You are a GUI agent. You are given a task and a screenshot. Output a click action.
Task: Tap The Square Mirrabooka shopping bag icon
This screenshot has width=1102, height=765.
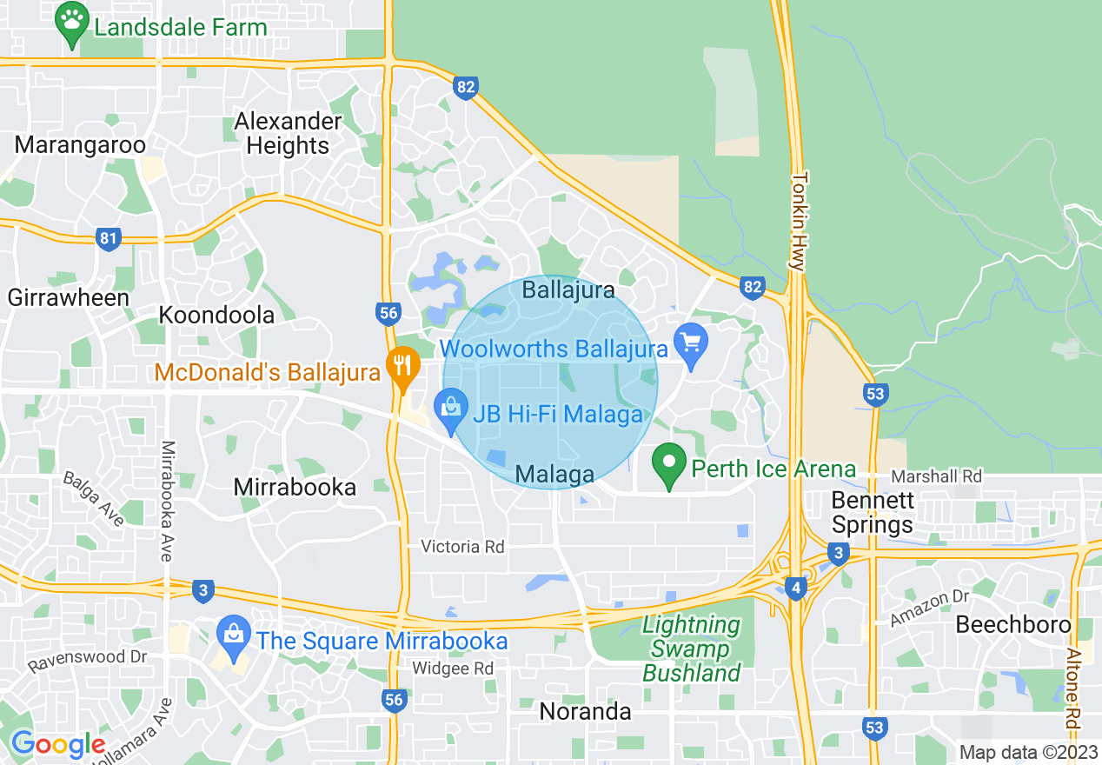(x=234, y=635)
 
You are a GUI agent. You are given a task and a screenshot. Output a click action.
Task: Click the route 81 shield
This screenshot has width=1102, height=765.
(x=108, y=239)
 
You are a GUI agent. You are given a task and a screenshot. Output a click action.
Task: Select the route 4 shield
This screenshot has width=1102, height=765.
(x=795, y=589)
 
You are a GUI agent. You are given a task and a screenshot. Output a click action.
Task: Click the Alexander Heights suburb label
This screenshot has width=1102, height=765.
(x=288, y=133)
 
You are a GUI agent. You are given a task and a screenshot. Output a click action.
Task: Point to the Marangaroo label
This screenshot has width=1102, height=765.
(x=80, y=144)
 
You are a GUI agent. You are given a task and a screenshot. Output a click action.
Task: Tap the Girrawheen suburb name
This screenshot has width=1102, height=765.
(x=69, y=297)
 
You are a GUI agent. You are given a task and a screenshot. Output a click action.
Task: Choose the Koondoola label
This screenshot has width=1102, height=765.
(x=216, y=315)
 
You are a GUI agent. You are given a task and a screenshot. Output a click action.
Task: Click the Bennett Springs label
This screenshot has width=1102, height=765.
(x=873, y=513)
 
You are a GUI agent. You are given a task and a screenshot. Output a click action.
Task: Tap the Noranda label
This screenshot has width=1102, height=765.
(x=585, y=711)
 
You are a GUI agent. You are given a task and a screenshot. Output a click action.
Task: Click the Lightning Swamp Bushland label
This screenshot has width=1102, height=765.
(x=692, y=649)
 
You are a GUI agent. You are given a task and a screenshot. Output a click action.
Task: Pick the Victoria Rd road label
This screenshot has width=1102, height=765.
(x=462, y=547)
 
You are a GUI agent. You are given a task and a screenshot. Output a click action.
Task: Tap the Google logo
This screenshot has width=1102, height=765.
(x=57, y=744)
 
